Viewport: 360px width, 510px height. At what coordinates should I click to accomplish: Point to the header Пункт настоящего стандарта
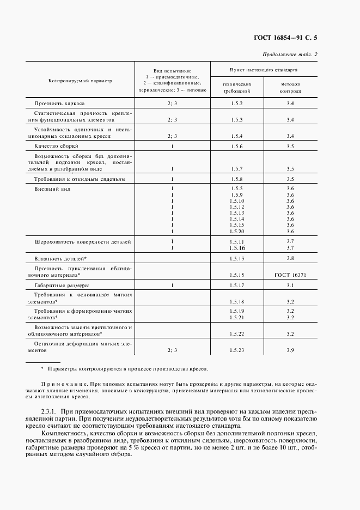[263, 70]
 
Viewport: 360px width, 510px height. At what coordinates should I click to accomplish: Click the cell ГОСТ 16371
[290, 275]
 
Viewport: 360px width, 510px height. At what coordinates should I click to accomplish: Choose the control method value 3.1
[290, 285]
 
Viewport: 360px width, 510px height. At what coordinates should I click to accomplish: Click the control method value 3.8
[290, 258]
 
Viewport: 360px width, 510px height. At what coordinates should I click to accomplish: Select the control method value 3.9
[290, 350]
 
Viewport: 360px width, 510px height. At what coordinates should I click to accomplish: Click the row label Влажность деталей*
[60, 258]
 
